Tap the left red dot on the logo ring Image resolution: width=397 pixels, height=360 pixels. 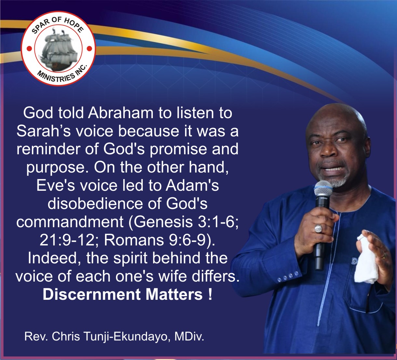click(x=29, y=48)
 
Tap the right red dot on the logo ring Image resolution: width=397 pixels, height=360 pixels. click(x=89, y=48)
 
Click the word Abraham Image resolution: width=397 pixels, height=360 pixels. click(x=121, y=113)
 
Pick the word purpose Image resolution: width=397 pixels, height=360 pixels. click(x=58, y=168)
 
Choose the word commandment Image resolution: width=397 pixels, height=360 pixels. click(x=70, y=222)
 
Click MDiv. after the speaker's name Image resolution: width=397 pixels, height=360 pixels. click(x=189, y=336)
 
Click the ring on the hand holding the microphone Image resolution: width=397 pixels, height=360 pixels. click(x=319, y=229)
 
